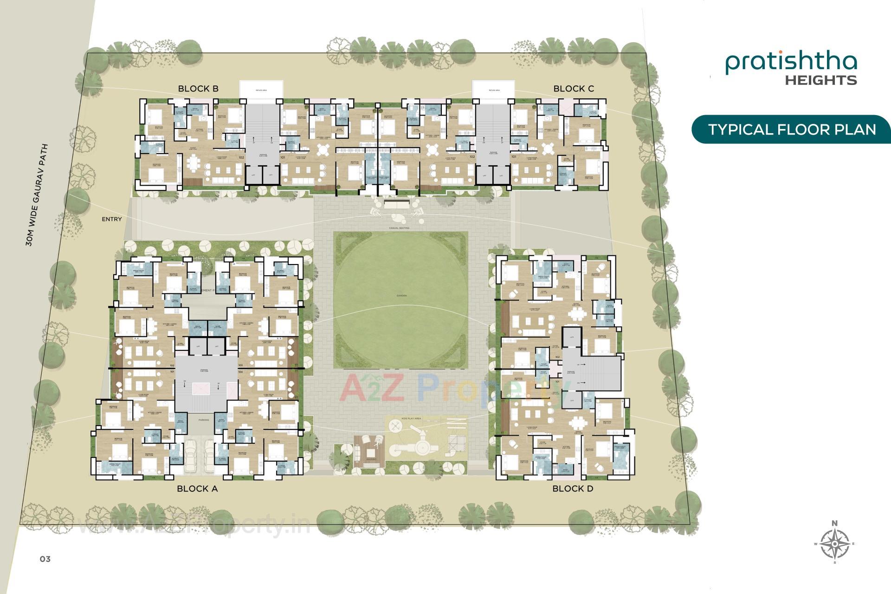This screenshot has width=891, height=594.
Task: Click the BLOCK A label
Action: tap(197, 489)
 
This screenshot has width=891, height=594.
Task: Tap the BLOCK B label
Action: tap(198, 89)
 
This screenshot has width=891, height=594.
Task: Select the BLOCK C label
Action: tap(574, 89)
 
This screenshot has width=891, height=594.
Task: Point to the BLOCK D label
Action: tap(573, 489)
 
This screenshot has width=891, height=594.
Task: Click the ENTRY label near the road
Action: tap(112, 219)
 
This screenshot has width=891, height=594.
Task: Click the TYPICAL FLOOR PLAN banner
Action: tap(792, 129)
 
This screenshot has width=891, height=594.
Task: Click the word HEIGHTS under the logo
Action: tap(820, 80)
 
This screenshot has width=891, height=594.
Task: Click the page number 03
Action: tap(45, 559)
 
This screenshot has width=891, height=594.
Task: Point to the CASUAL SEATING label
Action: tap(400, 228)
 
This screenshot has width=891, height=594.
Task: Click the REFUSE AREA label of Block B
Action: tap(261, 90)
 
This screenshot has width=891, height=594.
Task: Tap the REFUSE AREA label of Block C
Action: tap(494, 90)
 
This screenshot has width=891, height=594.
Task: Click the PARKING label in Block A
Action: tap(203, 420)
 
